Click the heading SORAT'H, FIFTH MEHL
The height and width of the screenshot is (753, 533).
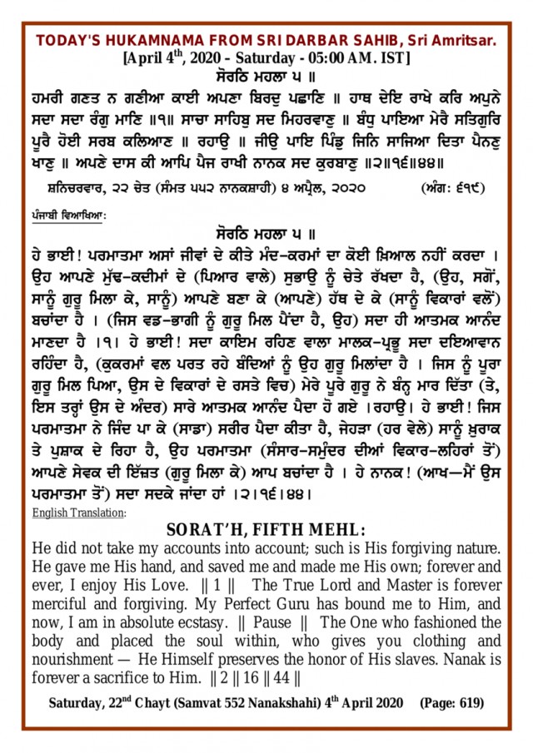(x=266, y=530)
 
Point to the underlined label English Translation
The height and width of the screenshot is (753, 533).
(x=78, y=513)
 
